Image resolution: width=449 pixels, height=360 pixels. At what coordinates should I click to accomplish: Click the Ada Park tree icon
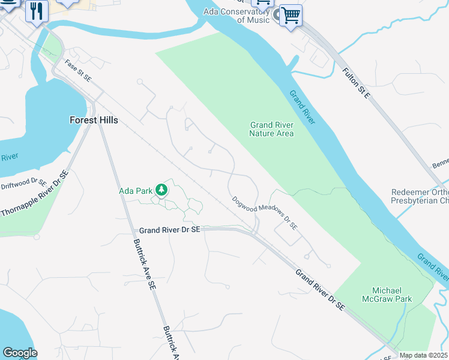pyautogui.click(x=161, y=190)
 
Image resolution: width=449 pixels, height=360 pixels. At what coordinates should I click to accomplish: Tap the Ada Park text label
pyautogui.click(x=136, y=191)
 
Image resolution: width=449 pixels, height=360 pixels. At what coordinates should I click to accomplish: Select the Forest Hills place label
pyautogui.click(x=94, y=120)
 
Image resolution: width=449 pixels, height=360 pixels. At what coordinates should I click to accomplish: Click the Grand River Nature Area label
pyautogui.click(x=271, y=129)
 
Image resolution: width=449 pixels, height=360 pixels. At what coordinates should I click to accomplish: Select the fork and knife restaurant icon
pyautogui.click(x=37, y=11)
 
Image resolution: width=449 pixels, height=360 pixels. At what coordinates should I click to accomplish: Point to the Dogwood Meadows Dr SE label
pyautogui.click(x=265, y=213)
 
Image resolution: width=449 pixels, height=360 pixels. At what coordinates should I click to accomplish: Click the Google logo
pyautogui.click(x=20, y=353)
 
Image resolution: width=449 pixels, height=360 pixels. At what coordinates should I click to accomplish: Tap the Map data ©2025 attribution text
pyautogui.click(x=423, y=355)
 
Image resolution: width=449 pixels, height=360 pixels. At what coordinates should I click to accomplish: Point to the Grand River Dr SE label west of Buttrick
pyautogui.click(x=169, y=230)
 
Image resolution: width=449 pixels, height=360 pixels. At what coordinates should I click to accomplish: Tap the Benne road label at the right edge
pyautogui.click(x=440, y=164)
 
